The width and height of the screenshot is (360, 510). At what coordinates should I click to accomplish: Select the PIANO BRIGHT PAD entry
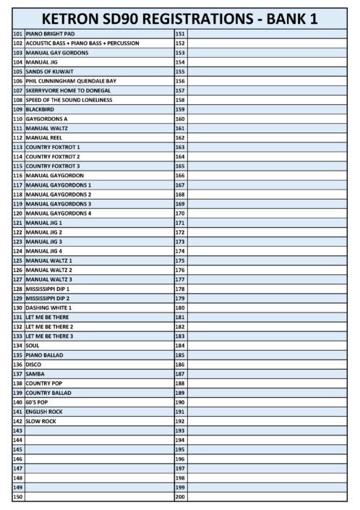[x=51, y=34]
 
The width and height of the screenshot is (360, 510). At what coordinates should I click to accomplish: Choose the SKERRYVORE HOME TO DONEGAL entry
[x=68, y=90]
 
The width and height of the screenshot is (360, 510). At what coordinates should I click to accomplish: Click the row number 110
[x=18, y=119]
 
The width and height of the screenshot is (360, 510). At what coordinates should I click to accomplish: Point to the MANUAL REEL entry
[x=44, y=137]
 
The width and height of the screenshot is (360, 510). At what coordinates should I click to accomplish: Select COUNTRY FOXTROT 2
[x=53, y=156]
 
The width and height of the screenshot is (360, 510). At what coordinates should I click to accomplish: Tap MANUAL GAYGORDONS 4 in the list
[x=59, y=213]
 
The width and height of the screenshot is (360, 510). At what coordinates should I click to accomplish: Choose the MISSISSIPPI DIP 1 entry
[x=51, y=289]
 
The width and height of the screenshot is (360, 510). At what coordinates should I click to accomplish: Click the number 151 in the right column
[x=181, y=34]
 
